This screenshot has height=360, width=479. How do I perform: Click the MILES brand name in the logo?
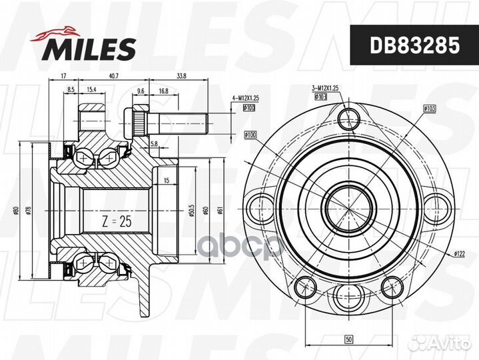tap(91, 48)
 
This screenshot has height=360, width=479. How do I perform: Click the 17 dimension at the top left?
tap(62, 75)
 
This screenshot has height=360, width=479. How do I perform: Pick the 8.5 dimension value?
tap(70, 89)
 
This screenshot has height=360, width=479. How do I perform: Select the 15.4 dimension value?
tap(91, 89)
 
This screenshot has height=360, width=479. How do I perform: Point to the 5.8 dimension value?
tap(154, 143)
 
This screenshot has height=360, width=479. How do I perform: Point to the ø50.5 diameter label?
tap(191, 211)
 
